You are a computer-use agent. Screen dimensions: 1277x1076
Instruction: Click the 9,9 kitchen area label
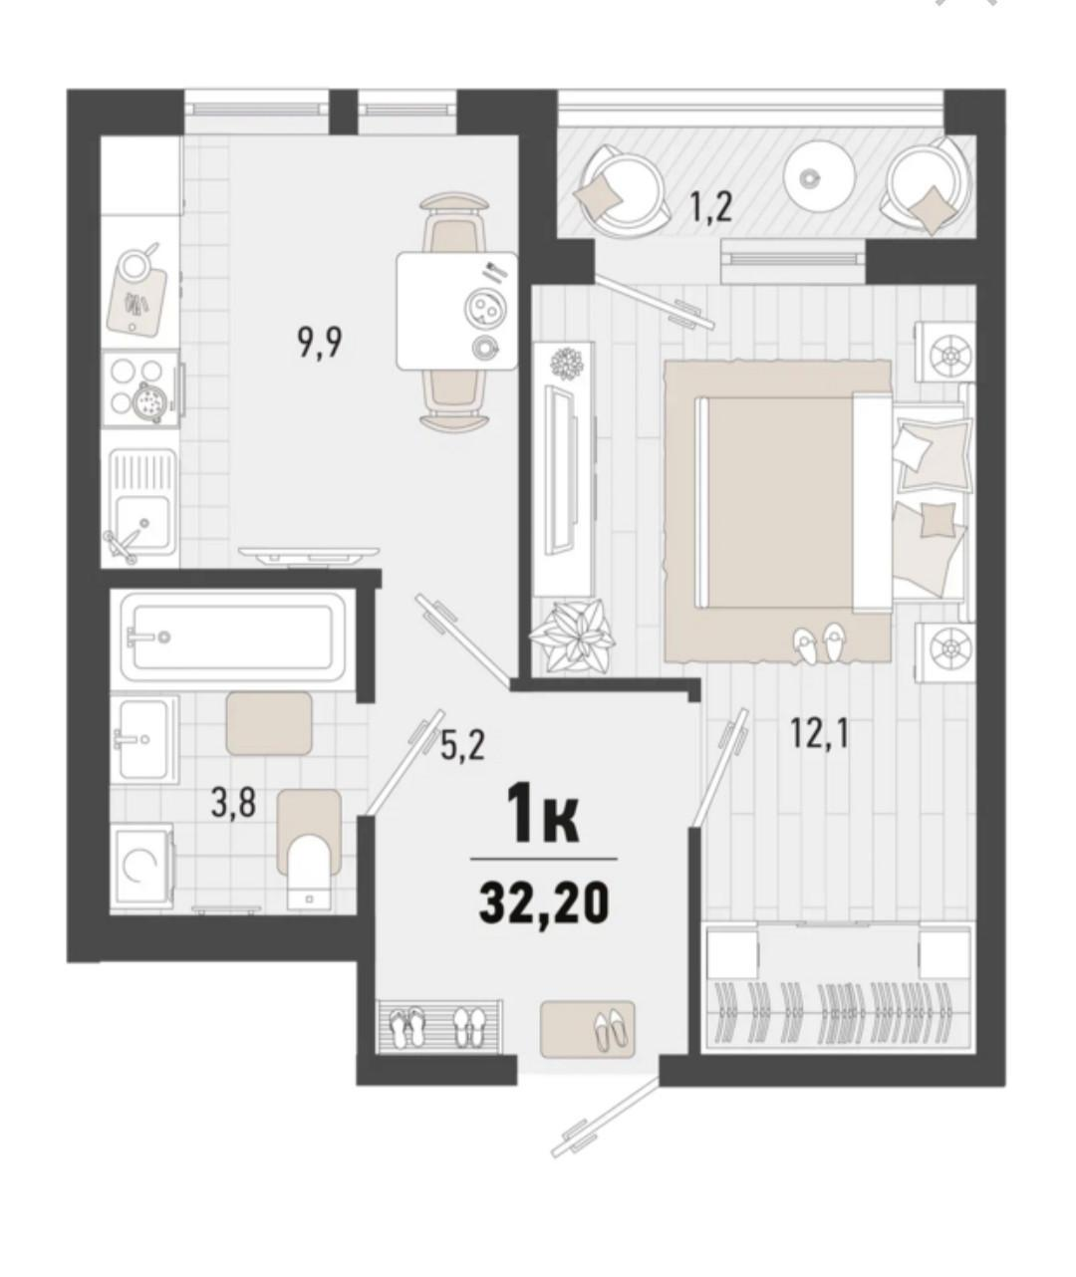point(319,345)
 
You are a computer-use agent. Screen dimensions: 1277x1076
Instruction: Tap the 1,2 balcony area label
point(711,207)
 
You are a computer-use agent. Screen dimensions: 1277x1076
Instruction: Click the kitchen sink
point(142,507)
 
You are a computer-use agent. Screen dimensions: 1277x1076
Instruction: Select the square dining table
point(457,310)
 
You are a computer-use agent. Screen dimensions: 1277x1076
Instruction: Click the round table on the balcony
point(819,177)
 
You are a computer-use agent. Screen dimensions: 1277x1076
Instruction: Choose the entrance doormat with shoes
point(588,1028)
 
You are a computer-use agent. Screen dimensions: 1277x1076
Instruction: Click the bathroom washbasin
point(142,738)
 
